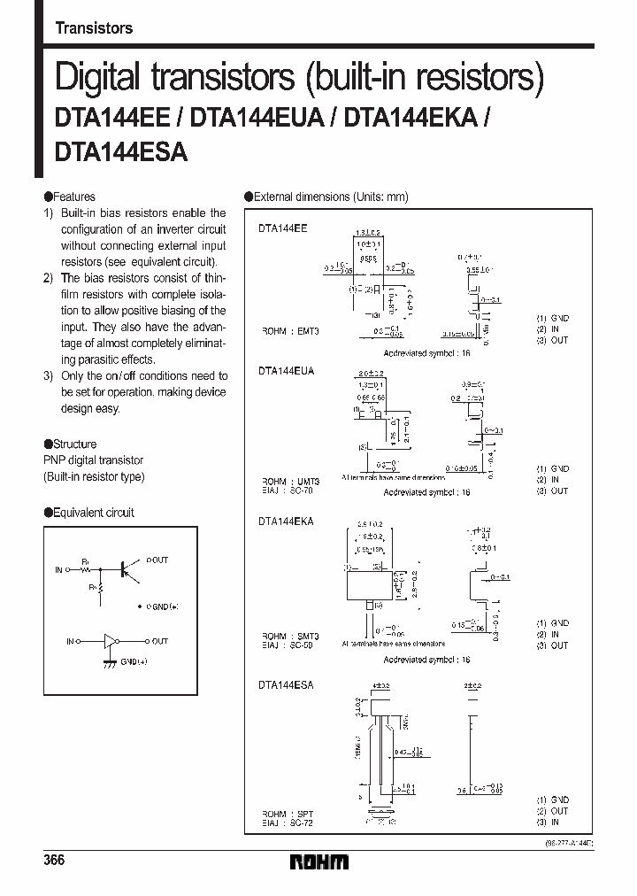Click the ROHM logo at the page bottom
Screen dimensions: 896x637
(x=318, y=861)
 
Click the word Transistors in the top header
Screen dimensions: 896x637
(x=94, y=28)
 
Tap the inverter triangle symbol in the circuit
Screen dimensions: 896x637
(x=111, y=641)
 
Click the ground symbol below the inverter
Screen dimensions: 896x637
(x=110, y=662)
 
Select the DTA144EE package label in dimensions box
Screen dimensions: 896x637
(x=283, y=228)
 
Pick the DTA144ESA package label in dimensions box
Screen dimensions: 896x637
(x=287, y=684)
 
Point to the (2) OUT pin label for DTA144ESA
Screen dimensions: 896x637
(x=552, y=810)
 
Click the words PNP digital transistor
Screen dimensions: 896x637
(x=93, y=460)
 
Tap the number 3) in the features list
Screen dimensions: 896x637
(x=50, y=375)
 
